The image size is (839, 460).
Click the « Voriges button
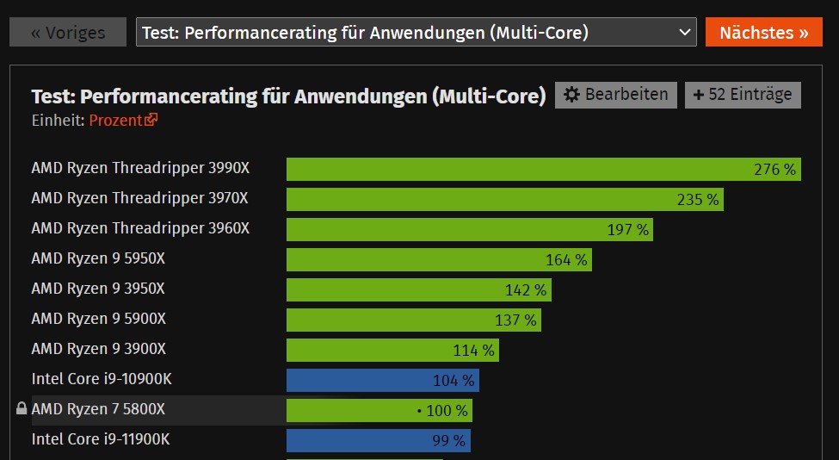coord(68,33)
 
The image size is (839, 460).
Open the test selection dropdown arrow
coord(685,33)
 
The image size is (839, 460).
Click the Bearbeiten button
coord(615,95)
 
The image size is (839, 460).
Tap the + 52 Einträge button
coord(743,95)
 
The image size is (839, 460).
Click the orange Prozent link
coord(123,121)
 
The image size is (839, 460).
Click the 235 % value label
coord(697,200)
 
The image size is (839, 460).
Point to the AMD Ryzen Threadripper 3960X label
coord(140,228)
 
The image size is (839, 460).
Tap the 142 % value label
coord(525,290)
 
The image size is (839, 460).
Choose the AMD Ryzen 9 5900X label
coord(99,319)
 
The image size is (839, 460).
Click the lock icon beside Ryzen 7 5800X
coord(22,409)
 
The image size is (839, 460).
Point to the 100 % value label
coord(446,411)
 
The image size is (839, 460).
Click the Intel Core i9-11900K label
coord(101,439)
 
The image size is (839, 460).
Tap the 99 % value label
coord(448,441)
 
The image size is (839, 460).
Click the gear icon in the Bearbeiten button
coord(571,95)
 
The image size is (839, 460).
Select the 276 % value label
coord(774,170)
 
